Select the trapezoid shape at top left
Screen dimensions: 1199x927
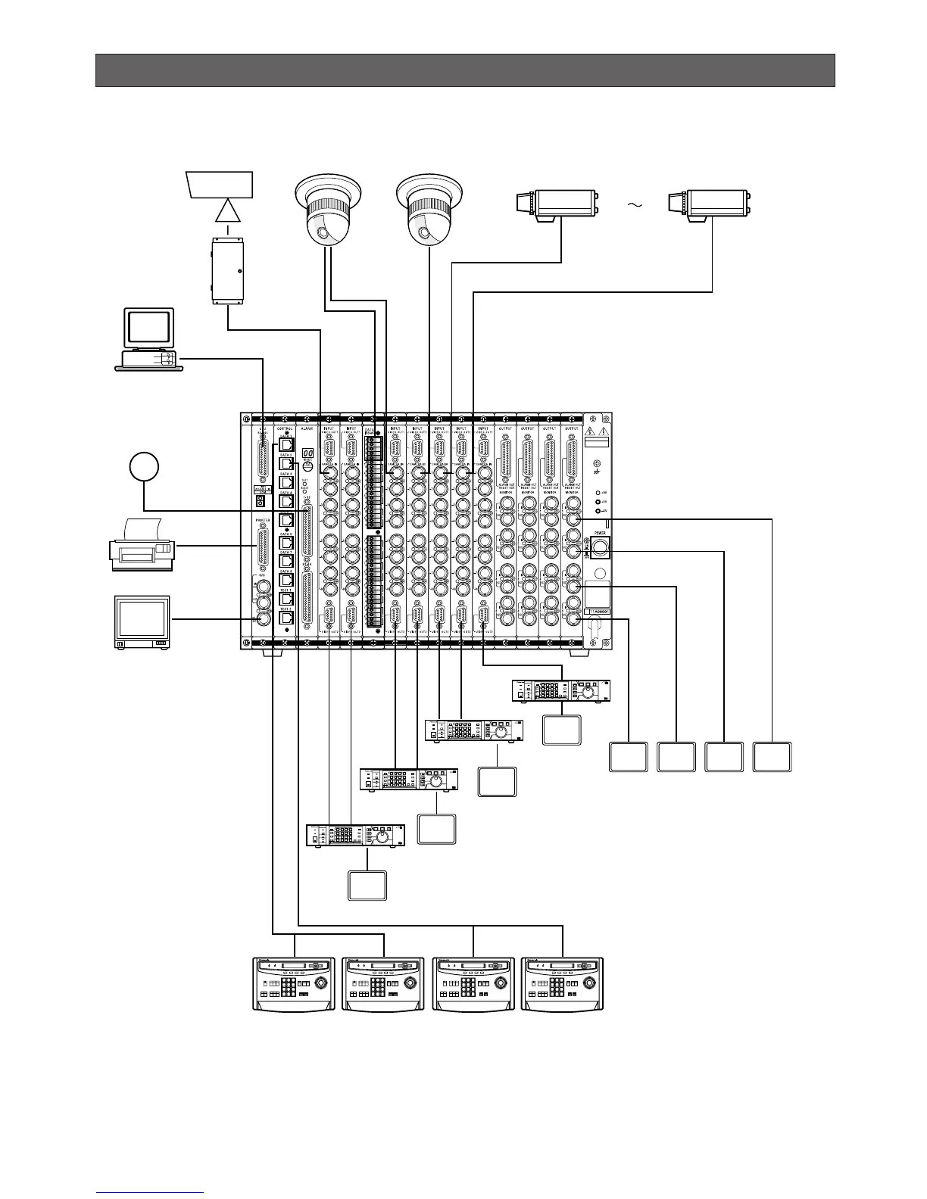(x=219, y=184)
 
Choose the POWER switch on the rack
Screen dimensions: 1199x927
(x=601, y=546)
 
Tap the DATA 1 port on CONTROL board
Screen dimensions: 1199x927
(x=286, y=445)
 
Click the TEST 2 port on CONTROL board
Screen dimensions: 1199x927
(x=286, y=618)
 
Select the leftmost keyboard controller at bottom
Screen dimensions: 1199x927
(x=294, y=983)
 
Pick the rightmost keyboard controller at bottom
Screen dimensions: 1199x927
(x=563, y=983)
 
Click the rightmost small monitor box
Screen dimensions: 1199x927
(x=772, y=756)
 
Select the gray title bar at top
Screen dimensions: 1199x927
(x=465, y=70)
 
